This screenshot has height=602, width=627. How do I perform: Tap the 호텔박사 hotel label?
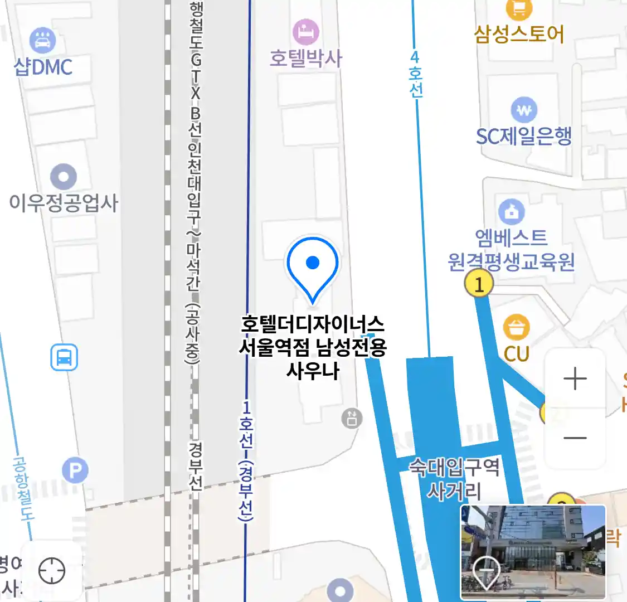pos(305,58)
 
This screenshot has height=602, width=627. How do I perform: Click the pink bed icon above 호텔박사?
pos(305,31)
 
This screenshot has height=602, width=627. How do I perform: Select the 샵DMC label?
pos(43,67)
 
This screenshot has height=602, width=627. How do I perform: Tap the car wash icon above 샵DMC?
pos(42,41)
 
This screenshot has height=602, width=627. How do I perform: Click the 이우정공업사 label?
pos(64,202)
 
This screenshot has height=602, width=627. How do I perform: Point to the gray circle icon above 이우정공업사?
pos(64,177)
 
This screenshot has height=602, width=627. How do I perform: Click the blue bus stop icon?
pos(64,357)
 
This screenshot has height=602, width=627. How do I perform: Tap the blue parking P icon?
pos(75,471)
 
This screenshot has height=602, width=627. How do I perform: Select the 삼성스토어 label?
pos(519,34)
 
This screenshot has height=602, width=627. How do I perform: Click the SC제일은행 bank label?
pos(524,135)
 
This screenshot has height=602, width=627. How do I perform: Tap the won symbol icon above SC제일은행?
pos(524,110)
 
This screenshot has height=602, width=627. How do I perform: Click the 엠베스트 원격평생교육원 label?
pos(511,250)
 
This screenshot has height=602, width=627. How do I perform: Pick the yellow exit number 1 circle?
pos(479,284)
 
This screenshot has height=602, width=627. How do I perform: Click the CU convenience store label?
pos(517,353)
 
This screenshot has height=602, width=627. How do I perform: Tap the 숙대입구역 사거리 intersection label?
pos(454,478)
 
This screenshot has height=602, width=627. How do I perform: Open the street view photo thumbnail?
pos(533,552)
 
